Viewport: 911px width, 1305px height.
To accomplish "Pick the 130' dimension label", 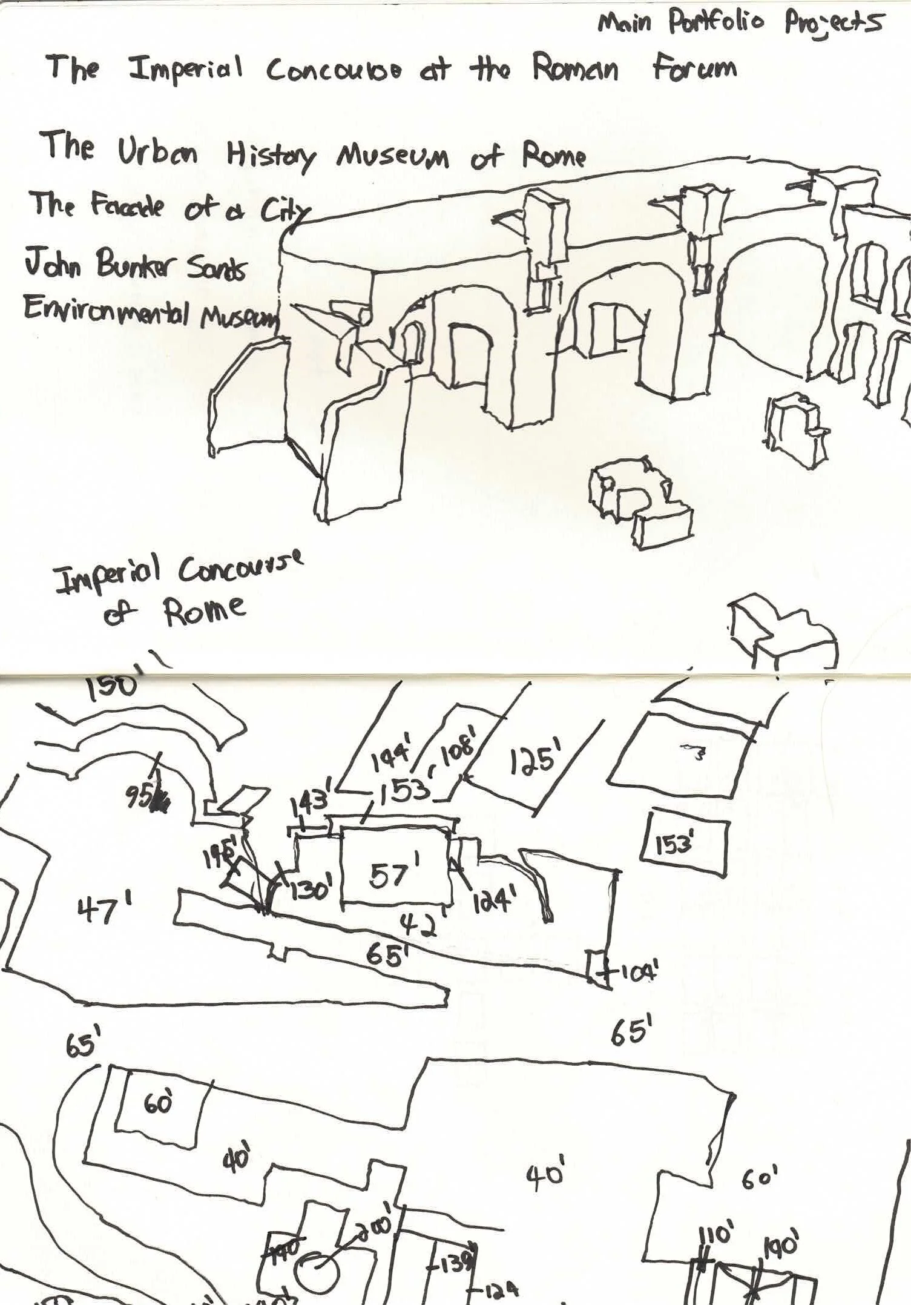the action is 310,888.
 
